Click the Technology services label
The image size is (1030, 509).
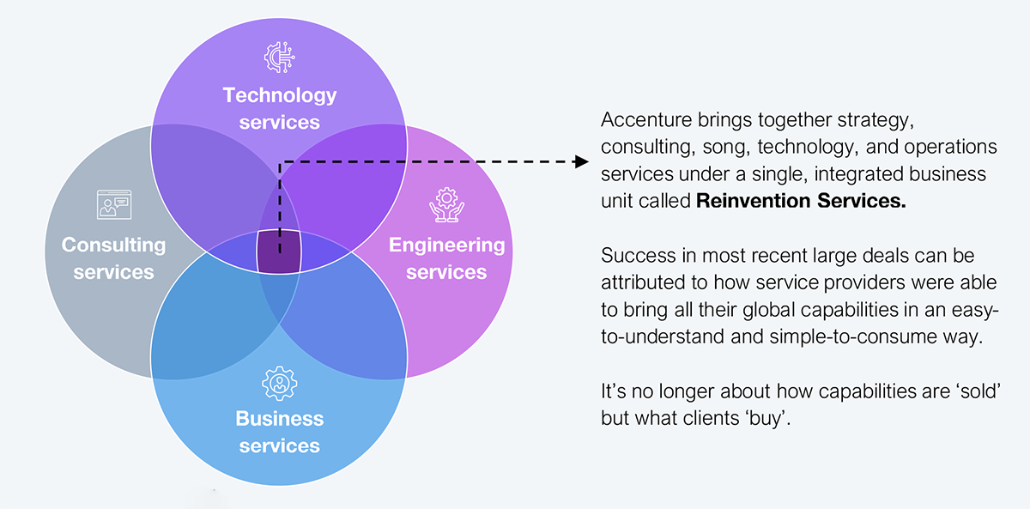click(x=279, y=108)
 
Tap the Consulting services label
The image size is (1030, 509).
click(x=113, y=258)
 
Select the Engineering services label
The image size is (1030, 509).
click(x=446, y=258)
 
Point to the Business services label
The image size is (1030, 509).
click(x=279, y=433)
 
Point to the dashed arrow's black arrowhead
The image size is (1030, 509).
click(x=582, y=161)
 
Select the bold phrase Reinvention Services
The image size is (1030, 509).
click(x=801, y=203)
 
